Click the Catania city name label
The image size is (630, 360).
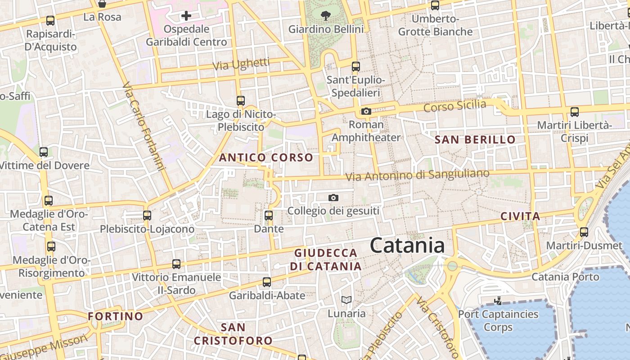pyautogui.click(x=407, y=246)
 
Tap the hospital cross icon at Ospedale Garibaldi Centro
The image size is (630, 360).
pyautogui.click(x=186, y=16)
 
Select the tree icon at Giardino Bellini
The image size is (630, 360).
pyautogui.click(x=325, y=16)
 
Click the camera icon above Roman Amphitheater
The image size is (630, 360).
pyautogui.click(x=366, y=111)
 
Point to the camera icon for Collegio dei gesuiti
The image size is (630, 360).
pyautogui.click(x=333, y=198)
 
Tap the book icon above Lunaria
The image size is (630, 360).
pyautogui.click(x=346, y=300)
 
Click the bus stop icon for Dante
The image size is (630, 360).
pyautogui.click(x=269, y=216)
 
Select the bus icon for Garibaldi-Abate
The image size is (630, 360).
pyautogui.click(x=267, y=282)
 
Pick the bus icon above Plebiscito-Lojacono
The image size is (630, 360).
pyautogui.click(x=147, y=216)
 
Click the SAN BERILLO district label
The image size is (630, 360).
pyautogui.click(x=475, y=140)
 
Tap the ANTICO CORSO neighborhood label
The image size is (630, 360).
pyautogui.click(x=265, y=157)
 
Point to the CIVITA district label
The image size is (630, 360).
pyautogui.click(x=520, y=216)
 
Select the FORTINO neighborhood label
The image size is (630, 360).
pyautogui.click(x=115, y=316)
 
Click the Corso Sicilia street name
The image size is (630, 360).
pyautogui.click(x=454, y=107)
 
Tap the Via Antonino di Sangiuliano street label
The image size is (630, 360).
pyautogui.click(x=417, y=175)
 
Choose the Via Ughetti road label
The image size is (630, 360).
pyautogui.click(x=241, y=64)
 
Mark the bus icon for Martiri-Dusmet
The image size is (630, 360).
pyautogui.click(x=584, y=232)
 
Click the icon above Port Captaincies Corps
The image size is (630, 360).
pyautogui.click(x=498, y=301)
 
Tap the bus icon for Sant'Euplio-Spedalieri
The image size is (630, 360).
pyautogui.click(x=356, y=67)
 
